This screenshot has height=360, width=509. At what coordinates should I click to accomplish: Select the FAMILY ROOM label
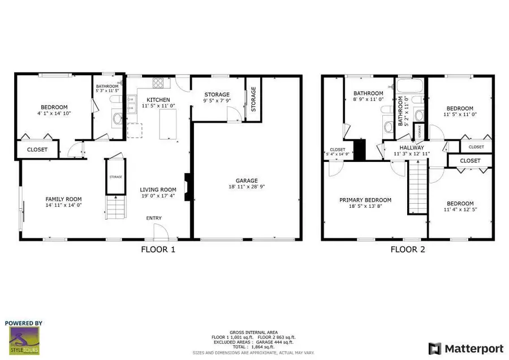pos(63,199)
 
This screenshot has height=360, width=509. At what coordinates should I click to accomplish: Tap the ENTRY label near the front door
pos(154,218)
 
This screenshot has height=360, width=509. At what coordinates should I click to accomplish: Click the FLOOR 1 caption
pos(158,249)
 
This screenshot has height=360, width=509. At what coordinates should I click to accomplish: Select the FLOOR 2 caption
pos(407,249)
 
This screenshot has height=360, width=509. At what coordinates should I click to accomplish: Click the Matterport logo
pos(463,347)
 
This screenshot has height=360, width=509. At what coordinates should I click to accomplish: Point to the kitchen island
pos(168,125)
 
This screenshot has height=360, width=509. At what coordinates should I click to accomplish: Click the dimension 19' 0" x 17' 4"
pos(158,196)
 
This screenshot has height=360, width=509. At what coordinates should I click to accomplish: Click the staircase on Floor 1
pos(115,207)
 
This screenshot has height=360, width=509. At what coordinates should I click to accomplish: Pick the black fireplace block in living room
pos(188,183)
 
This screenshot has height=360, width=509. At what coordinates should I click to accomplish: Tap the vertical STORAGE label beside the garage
pos(253,99)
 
